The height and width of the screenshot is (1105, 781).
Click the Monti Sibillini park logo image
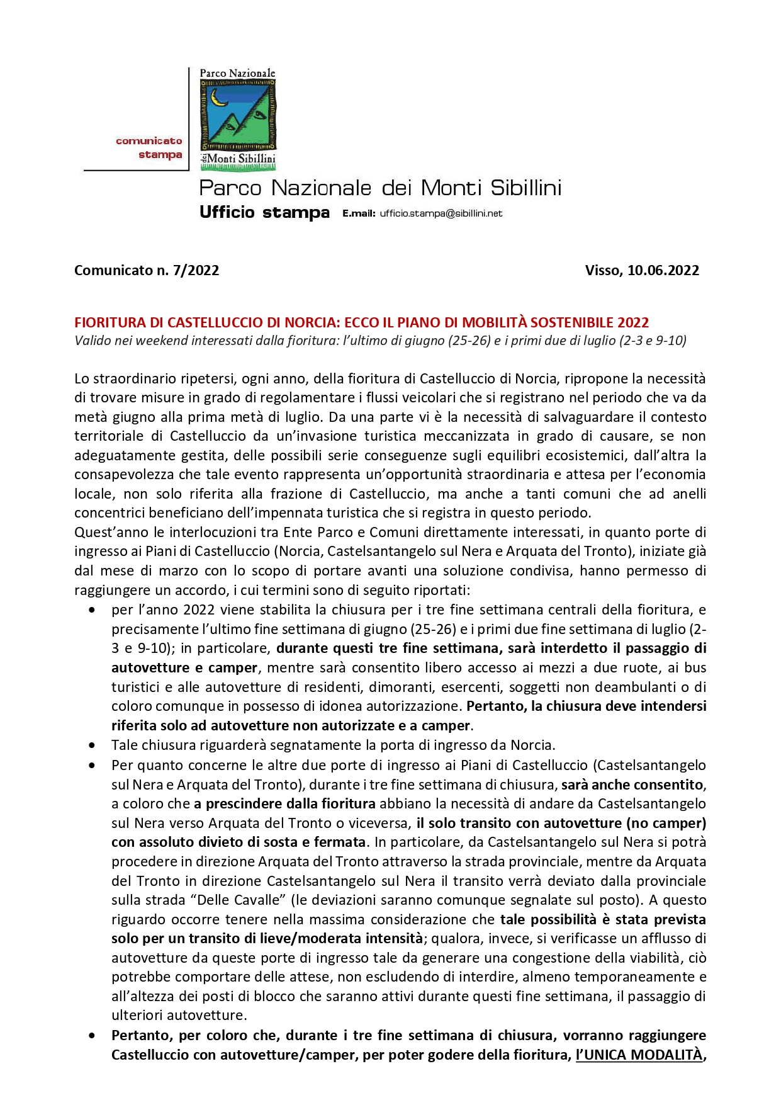[238, 119]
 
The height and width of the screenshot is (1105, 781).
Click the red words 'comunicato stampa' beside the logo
[149, 148]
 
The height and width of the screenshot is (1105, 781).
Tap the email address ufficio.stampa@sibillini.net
[441, 213]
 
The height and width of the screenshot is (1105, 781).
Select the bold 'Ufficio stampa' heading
[264, 212]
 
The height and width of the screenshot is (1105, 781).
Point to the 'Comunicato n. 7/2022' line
[147, 270]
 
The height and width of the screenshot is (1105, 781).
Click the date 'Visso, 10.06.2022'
[642, 270]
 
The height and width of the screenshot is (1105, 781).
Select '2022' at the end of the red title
[633, 322]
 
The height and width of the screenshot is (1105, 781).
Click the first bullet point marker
[93, 610]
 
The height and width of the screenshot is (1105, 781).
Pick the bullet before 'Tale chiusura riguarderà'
[93, 745]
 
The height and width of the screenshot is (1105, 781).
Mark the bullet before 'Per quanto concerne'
[93, 766]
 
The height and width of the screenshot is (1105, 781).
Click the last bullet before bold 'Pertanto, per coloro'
[93, 1036]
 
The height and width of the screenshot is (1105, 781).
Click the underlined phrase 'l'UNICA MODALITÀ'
[639, 1055]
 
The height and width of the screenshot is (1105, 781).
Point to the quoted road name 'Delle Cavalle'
[225, 900]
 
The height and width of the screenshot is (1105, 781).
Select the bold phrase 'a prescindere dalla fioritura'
[284, 804]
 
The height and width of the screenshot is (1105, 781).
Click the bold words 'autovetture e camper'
[184, 668]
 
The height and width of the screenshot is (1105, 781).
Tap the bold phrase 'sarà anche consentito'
[632, 785]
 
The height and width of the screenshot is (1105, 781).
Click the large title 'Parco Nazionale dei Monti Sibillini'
[380, 188]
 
